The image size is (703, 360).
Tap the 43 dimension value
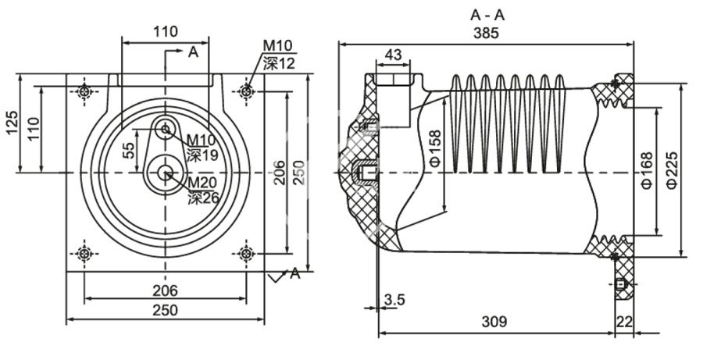[394, 55]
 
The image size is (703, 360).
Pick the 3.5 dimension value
[394, 299]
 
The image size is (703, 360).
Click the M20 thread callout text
[202, 184]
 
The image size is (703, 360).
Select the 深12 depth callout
[279, 63]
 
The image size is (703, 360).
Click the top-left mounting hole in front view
[84, 92]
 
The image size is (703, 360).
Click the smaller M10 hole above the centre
[166, 130]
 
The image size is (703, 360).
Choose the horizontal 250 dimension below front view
[165, 310]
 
